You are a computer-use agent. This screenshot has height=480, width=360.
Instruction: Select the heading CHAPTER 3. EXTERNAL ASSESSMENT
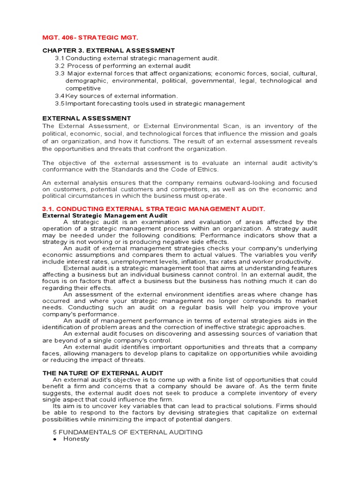pyautogui.click(x=109, y=50)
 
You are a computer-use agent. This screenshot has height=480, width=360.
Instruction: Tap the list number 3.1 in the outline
pyautogui.click(x=59, y=58)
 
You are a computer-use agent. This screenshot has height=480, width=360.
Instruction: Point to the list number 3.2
pyautogui.click(x=59, y=66)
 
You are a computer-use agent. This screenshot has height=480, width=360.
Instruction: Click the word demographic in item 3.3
pyautogui.click(x=85, y=81)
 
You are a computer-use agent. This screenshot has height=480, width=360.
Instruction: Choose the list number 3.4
pyautogui.click(x=59, y=96)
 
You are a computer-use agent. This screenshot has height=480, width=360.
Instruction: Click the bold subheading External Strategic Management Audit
pyautogui.click(x=105, y=215)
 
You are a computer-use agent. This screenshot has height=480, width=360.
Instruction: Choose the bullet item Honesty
pyautogui.click(x=76, y=439)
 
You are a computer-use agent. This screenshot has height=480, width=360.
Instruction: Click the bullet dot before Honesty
pyautogui.click(x=55, y=440)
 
